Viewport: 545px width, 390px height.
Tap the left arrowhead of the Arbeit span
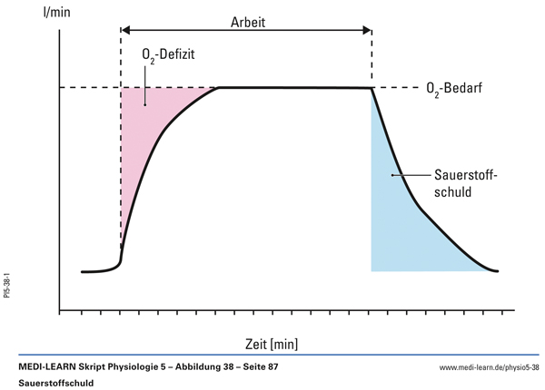[125, 31]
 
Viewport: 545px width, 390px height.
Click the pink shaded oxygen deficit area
[145, 118]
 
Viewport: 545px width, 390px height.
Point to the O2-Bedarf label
[457, 88]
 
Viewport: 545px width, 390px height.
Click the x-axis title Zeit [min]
[271, 343]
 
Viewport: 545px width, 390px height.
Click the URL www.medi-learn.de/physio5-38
[489, 368]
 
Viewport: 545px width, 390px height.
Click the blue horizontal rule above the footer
[272, 356]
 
